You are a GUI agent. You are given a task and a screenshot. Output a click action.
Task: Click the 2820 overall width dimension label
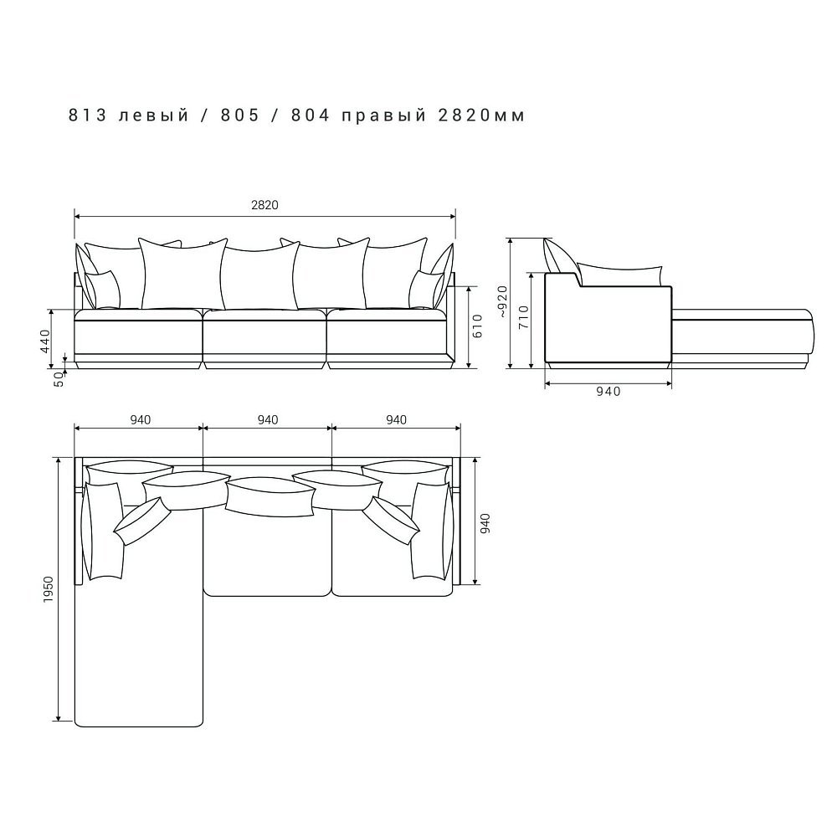(264, 205)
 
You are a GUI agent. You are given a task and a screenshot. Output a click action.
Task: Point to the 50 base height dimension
(59, 379)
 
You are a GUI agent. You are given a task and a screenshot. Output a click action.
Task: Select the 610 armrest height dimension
(477, 326)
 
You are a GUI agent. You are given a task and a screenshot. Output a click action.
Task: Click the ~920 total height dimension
(501, 302)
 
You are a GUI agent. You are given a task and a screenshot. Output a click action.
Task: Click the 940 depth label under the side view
(608, 391)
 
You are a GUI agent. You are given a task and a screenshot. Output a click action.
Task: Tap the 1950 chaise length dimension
(49, 589)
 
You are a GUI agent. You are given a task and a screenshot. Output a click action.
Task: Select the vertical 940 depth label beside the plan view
(485, 524)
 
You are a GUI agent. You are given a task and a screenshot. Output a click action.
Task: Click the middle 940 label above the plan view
(268, 419)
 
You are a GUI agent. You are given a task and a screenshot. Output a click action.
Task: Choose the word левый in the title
(154, 116)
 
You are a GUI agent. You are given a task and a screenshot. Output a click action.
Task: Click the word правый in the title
(384, 116)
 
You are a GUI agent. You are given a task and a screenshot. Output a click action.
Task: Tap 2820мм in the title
(481, 115)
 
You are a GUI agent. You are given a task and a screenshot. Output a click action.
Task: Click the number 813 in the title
(88, 115)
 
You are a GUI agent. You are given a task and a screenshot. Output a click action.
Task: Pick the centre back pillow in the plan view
(270, 496)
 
